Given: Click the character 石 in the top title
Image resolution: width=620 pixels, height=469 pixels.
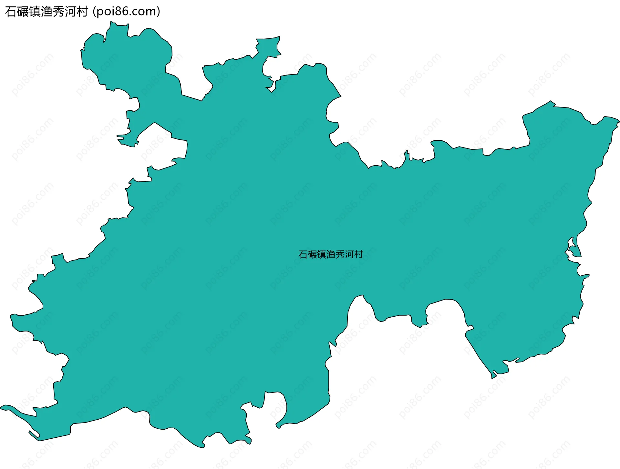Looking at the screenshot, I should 11,12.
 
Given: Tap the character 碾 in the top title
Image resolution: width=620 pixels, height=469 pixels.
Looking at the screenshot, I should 23,12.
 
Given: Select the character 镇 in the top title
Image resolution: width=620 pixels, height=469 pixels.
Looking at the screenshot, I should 35,12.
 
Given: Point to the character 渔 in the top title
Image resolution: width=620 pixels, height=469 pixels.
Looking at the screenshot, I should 46,12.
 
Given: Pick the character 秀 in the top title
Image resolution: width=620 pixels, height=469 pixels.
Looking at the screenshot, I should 58,12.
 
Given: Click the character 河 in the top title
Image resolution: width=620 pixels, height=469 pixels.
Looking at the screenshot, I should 70,12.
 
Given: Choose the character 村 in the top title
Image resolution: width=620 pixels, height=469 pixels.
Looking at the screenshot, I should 82,12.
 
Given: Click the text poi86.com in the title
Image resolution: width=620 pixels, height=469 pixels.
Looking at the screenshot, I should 126,12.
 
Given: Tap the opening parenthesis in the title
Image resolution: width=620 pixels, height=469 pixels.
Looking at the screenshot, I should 94,12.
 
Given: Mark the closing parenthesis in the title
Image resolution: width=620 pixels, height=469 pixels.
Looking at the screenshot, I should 158,12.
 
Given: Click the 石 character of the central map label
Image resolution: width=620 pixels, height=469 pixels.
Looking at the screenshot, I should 303,255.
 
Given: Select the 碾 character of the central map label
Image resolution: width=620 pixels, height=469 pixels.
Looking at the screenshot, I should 312,255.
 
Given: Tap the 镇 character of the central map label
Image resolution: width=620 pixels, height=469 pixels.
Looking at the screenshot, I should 322,255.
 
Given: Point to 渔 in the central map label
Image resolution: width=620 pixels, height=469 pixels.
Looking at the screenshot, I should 331,255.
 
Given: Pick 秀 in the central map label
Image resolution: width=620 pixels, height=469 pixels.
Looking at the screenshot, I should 340,255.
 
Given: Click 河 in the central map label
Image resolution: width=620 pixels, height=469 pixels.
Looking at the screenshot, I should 349,255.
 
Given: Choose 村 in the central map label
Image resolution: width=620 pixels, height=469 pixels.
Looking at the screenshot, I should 358,255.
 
